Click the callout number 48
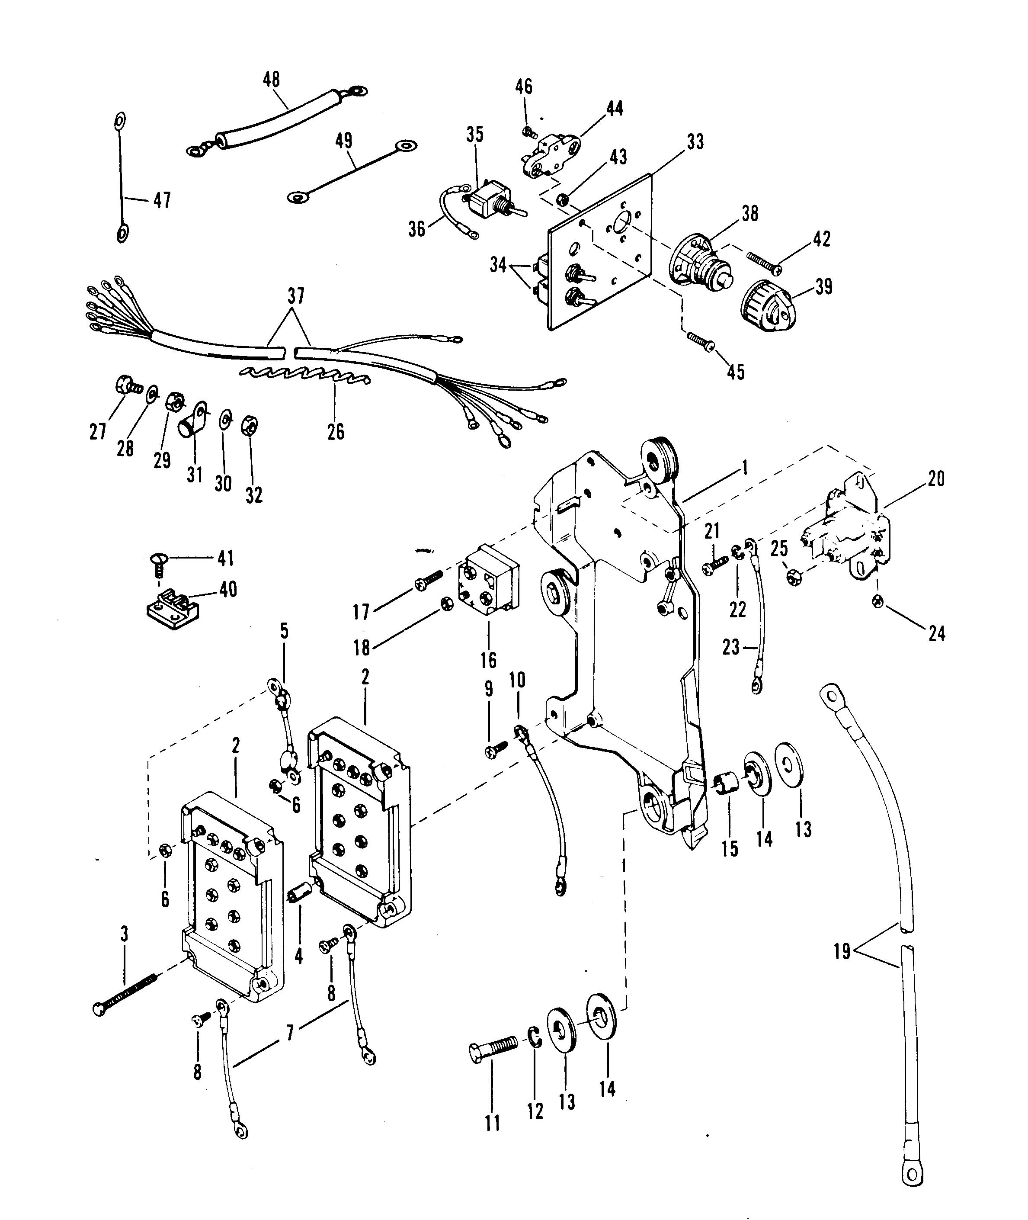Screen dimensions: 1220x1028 [272, 79]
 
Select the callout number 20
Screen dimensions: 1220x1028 [936, 479]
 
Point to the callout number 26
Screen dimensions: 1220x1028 [336, 432]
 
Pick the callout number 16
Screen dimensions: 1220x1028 [488, 659]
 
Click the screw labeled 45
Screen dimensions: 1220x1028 [701, 340]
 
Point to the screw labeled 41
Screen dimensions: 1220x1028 [157, 564]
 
